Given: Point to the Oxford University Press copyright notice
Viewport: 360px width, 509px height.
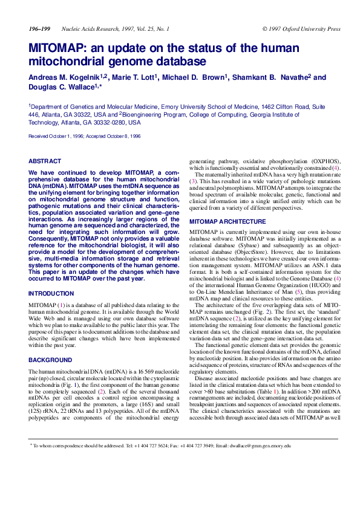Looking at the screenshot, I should tap(301, 29).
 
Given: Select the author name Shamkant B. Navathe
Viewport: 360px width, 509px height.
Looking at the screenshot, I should tap(272, 77).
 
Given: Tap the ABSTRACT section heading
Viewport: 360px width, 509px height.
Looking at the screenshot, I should tap(45, 161).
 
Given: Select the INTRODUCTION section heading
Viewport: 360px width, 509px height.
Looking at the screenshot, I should tap(51, 293).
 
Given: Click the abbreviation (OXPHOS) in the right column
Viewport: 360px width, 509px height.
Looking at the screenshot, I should tap(324, 161).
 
